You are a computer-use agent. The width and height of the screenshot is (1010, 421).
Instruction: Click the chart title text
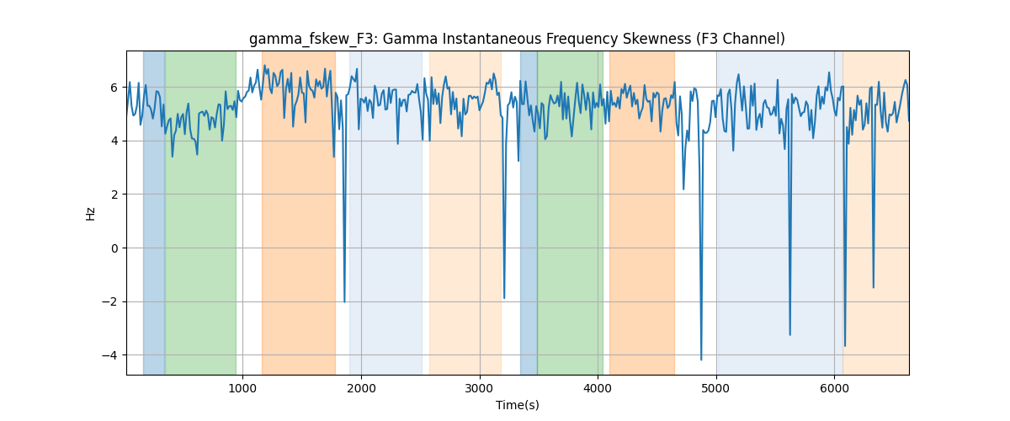(517, 40)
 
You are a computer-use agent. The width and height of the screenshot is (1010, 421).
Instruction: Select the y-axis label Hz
(91, 214)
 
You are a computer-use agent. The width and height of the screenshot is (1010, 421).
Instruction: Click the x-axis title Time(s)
(517, 405)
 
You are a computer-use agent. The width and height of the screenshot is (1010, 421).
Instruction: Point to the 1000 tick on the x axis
(242, 388)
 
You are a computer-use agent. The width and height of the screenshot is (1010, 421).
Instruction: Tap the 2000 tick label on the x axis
(361, 388)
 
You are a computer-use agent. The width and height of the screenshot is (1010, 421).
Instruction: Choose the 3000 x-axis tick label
(479, 388)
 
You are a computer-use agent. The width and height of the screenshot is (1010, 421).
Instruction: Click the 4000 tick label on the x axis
(598, 388)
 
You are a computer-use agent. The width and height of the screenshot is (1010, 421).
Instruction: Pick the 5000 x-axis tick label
(716, 388)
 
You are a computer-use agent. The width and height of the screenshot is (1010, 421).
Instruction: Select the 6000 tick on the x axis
(835, 388)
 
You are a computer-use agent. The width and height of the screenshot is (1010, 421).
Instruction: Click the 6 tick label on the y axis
(114, 88)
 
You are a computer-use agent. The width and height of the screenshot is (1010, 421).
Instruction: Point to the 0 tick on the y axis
(114, 248)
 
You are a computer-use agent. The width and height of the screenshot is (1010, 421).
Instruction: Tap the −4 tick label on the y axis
(109, 355)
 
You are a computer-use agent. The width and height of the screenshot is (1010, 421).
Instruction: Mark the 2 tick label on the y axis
(114, 195)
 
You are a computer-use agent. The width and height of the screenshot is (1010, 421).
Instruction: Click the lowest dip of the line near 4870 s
(701, 360)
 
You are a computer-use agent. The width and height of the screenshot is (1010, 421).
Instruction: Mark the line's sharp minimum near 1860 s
(344, 302)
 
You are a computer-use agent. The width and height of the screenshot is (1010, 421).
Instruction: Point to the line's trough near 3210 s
(504, 298)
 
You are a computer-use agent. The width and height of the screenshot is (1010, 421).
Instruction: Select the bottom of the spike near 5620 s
(790, 335)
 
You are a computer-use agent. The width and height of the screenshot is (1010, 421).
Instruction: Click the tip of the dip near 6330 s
(874, 287)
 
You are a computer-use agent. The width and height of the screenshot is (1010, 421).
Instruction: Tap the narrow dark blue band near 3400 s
(529, 212)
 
